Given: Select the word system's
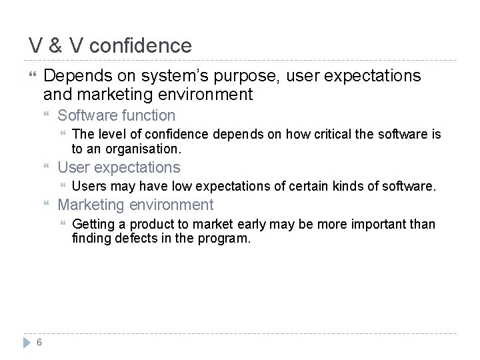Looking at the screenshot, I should coord(176,76).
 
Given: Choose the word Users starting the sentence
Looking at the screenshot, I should coord(89,187).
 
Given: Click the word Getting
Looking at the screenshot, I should coord(93,225).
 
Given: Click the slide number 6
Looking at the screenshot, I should coord(40,343).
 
